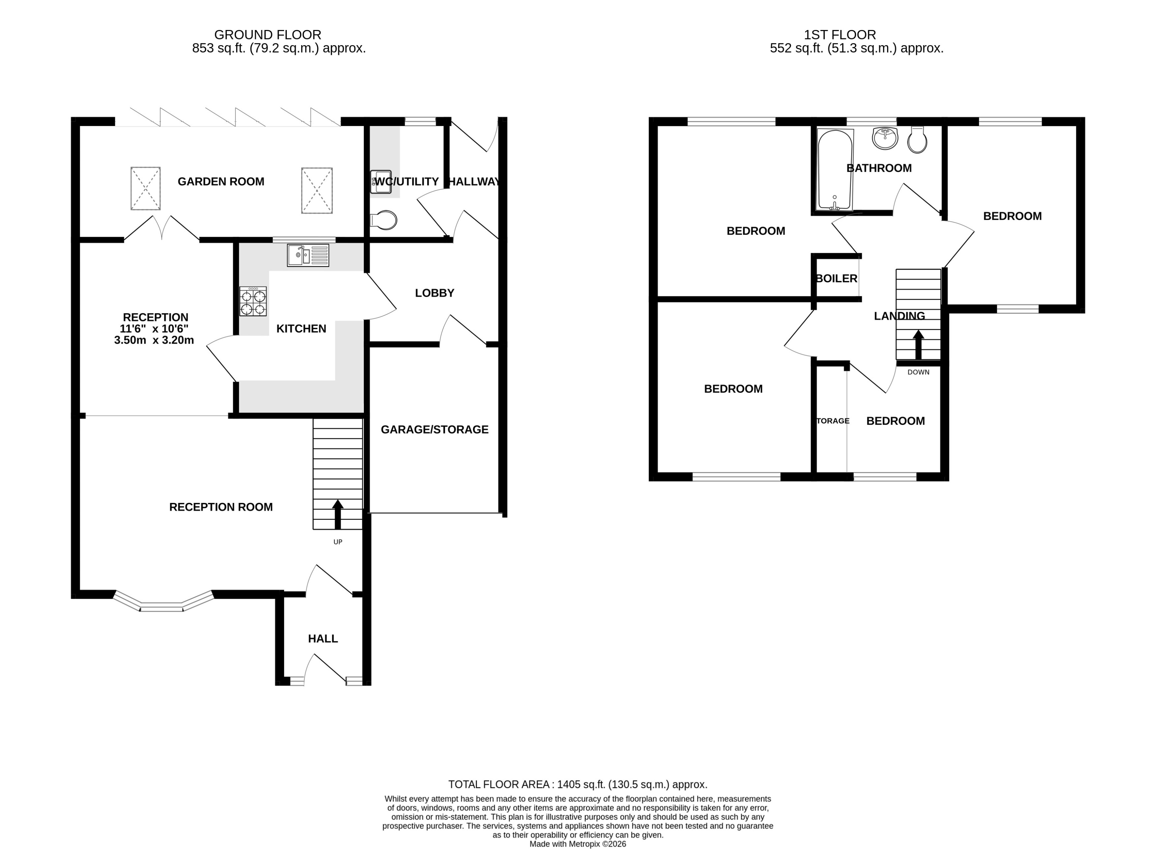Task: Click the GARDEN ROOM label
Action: coord(221,181)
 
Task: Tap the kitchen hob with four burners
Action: coord(253,301)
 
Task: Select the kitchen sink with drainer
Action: coord(308,255)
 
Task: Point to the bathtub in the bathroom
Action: coord(835,169)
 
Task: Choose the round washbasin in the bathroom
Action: coord(885,138)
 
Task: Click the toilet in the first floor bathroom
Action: coord(917,141)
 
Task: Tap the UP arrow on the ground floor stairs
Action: coord(337,514)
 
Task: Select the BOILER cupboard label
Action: coord(837,279)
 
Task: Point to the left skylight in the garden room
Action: coord(145,188)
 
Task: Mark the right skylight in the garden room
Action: coord(317,190)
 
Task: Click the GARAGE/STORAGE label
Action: coord(435,430)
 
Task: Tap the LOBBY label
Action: coord(435,293)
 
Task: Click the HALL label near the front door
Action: coord(322,639)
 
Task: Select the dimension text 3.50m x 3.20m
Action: coord(154,340)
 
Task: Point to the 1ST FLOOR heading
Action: coord(840,35)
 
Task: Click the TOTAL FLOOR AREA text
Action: coord(577,785)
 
